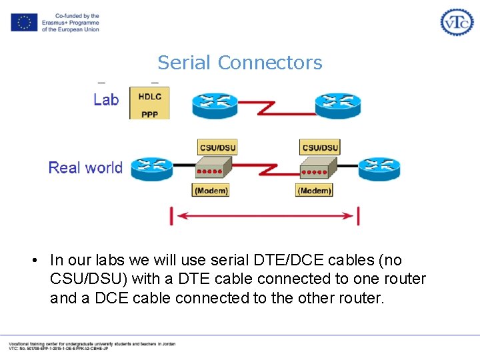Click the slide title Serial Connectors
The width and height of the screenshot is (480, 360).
point(240,63)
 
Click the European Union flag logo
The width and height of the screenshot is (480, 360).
point(24,23)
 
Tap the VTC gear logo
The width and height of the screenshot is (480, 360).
point(457,22)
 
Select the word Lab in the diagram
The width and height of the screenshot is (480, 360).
point(106,100)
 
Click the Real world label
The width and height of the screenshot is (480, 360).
point(85,167)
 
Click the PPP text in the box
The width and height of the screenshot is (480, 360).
point(150,114)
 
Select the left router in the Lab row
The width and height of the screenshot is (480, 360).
point(215,105)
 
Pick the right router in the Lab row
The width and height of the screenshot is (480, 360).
point(337,105)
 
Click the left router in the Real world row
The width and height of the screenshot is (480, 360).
point(151,169)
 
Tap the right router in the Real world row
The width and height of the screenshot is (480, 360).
point(379,169)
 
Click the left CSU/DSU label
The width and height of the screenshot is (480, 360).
point(217,147)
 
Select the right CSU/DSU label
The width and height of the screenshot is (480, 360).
point(320,147)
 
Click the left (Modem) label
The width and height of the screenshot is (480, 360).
point(211,191)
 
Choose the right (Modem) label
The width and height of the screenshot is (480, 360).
point(314,191)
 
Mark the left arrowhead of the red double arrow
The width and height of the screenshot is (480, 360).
point(178,216)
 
